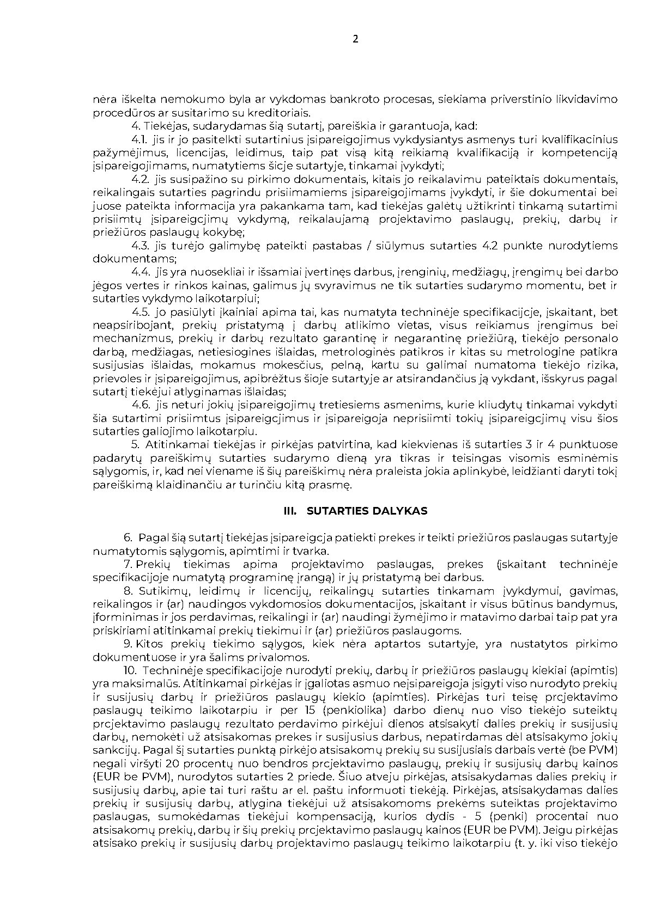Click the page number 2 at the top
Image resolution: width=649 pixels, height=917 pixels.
pos(355,39)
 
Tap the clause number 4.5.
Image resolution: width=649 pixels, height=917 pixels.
pos(141,312)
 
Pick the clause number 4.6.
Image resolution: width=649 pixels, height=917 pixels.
pos(141,405)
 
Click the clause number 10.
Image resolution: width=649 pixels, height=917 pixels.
pos(131,670)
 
